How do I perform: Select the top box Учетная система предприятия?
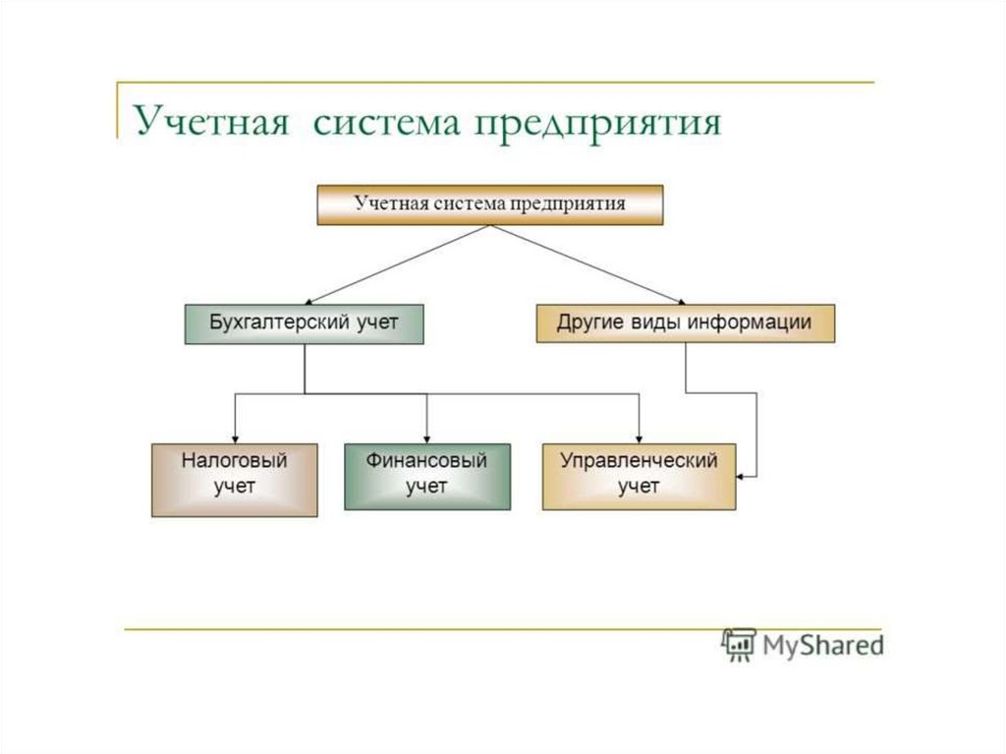point(489,205)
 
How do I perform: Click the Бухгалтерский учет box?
point(304,323)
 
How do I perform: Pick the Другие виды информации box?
point(685,323)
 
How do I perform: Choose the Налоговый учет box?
point(234,479)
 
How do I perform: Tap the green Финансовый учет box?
point(426,477)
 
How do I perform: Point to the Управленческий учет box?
point(639,476)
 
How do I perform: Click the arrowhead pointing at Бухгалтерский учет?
point(310,300)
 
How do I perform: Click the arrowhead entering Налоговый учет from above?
point(235,438)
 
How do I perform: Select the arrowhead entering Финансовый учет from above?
point(427,438)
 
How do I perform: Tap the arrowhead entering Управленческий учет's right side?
point(742,477)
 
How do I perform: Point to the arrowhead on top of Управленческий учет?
point(640,438)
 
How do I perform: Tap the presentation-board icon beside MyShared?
point(738,644)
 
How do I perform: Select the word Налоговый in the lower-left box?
point(234,460)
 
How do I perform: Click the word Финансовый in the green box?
point(426,460)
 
